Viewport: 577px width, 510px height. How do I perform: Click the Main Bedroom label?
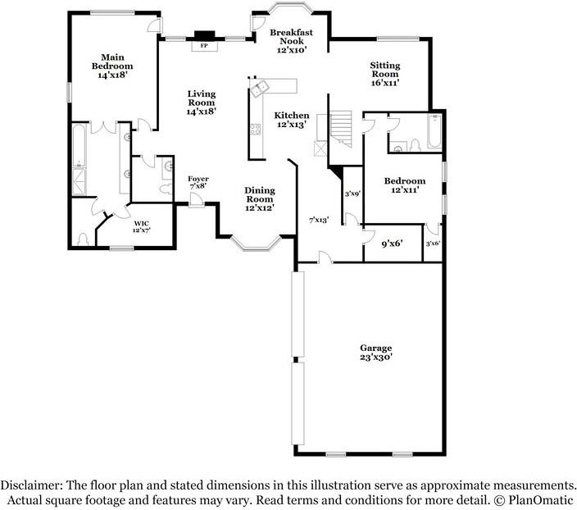(112, 66)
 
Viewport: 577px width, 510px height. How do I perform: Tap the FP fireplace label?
(204, 46)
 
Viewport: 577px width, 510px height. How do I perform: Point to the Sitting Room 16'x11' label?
(384, 74)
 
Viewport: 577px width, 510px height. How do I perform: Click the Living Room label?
(201, 102)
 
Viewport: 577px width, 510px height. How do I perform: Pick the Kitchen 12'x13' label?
(292, 120)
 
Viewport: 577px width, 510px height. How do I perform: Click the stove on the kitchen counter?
(256, 129)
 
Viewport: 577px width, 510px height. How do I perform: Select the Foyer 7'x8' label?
(198, 182)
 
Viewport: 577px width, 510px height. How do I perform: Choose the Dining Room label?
(259, 199)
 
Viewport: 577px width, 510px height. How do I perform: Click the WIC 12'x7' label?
(143, 225)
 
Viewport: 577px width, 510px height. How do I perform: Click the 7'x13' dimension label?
(318, 220)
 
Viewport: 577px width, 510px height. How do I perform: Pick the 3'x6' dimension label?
(433, 244)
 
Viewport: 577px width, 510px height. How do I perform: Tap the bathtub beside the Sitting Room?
(434, 130)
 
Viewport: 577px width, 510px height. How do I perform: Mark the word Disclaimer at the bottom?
(34, 485)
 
